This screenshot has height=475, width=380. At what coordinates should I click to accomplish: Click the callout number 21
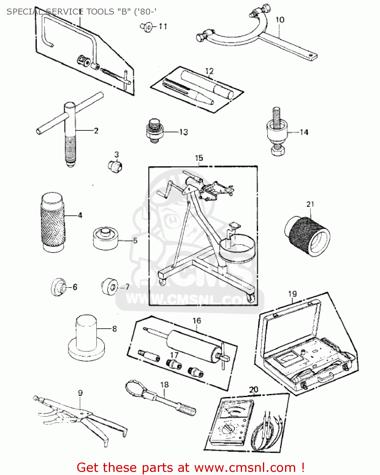pos(310,204)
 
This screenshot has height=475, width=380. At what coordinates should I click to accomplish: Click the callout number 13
pos(184,132)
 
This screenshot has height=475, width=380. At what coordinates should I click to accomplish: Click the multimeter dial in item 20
pos(227,429)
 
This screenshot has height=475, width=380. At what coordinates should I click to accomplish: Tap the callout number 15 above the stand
pos(199,158)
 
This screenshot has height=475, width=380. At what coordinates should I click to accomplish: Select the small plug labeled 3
pos(115,166)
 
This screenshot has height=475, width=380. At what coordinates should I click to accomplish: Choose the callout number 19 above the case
pos(292,294)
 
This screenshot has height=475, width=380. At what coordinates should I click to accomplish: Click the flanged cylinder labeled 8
pos(86,339)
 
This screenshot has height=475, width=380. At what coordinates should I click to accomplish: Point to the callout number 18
pos(164,384)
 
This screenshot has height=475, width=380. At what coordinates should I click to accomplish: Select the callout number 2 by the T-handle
pos(96,130)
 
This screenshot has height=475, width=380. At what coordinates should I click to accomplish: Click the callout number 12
pos(209,71)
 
